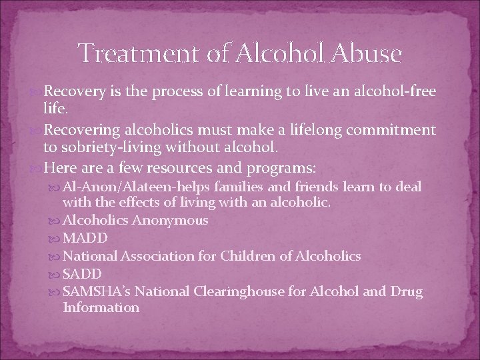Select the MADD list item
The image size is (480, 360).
click(x=83, y=237)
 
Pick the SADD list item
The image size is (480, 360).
click(x=81, y=273)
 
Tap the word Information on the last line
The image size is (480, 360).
click(x=101, y=307)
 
